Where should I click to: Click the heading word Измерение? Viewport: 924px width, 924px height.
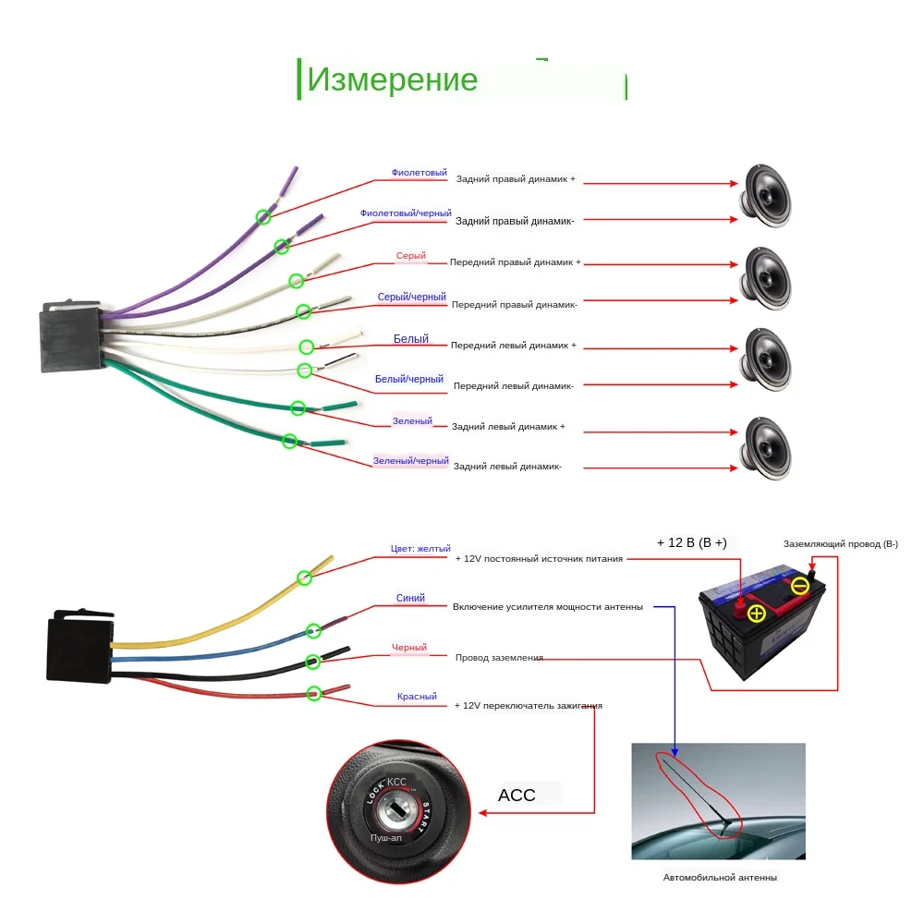pyautogui.click(x=392, y=80)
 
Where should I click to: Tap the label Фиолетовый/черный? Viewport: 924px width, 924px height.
pyautogui.click(x=406, y=213)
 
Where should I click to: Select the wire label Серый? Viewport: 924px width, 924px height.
pyautogui.click(x=411, y=256)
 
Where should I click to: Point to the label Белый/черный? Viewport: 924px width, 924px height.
pyautogui.click(x=409, y=379)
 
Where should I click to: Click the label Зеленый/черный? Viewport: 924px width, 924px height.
pyautogui.click(x=411, y=460)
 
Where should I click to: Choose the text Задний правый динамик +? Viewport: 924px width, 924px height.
pyautogui.click(x=516, y=179)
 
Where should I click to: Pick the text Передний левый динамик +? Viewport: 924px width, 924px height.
pyautogui.click(x=513, y=346)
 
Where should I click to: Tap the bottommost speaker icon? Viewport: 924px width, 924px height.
pyautogui.click(x=768, y=448)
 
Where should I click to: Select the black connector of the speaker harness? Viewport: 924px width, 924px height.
pyautogui.click(x=70, y=338)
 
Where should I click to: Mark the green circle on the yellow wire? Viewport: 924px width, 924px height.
pyautogui.click(x=304, y=578)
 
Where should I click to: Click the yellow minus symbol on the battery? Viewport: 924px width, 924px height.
pyautogui.click(x=800, y=585)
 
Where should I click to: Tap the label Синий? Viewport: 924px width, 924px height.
pyautogui.click(x=410, y=598)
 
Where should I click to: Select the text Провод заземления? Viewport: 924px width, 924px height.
pyautogui.click(x=499, y=658)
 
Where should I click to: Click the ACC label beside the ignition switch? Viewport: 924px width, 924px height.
pyautogui.click(x=517, y=795)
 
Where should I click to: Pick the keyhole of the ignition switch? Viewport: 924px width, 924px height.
pyautogui.click(x=396, y=810)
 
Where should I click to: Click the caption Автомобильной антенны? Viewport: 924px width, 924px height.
pyautogui.click(x=720, y=878)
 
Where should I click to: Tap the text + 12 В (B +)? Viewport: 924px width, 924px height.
pyautogui.click(x=691, y=542)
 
